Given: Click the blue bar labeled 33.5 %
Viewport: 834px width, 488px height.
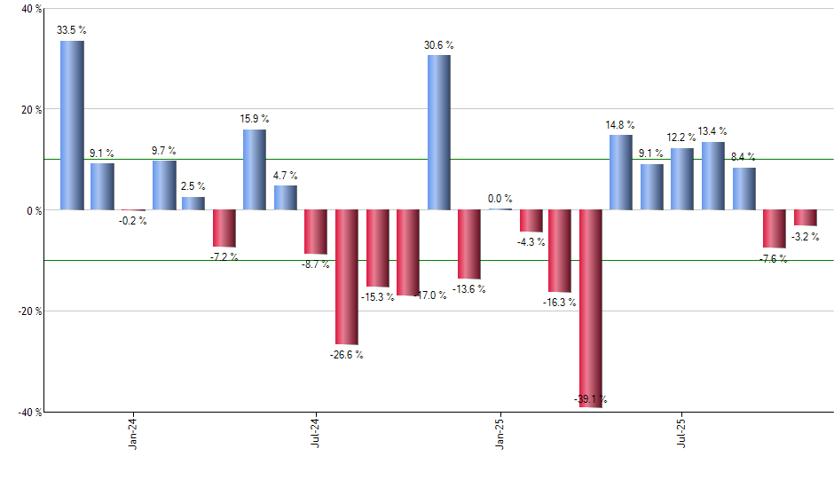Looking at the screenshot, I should [x=72, y=125].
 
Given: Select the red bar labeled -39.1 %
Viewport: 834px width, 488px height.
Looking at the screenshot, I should [x=590, y=308].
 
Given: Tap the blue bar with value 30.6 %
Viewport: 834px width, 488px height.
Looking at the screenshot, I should [x=438, y=132].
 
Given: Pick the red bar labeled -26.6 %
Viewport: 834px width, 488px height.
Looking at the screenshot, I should [x=346, y=277].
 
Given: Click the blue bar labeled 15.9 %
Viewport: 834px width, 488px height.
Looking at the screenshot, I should [x=255, y=169].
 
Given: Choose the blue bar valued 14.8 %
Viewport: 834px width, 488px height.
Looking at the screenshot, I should [x=621, y=172].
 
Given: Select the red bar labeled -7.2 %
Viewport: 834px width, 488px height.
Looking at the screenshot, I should [x=224, y=228].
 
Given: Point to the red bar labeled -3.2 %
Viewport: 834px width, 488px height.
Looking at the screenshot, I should [x=805, y=217].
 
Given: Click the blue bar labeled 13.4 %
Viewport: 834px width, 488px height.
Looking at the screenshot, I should [x=713, y=176].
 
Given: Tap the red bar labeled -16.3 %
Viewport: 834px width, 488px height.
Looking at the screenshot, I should [x=560, y=251].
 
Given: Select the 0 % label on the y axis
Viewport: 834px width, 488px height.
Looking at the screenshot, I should [x=34, y=210].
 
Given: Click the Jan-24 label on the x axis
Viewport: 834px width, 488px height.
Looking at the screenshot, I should [x=133, y=435].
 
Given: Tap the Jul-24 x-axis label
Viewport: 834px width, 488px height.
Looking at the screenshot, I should [x=316, y=435].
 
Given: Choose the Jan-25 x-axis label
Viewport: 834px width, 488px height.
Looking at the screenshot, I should [x=499, y=435].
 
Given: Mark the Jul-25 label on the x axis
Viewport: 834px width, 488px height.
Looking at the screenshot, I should [x=681, y=435].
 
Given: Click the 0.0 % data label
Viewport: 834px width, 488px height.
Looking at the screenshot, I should [x=500, y=199].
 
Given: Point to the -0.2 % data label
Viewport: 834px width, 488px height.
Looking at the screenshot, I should [x=133, y=221].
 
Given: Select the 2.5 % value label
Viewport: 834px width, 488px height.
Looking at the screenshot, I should [x=194, y=186].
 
